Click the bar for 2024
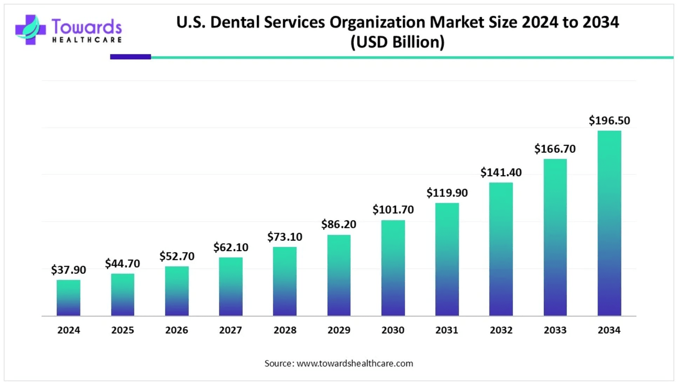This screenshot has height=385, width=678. tap(68, 298)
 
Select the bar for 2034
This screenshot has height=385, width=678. tap(609, 223)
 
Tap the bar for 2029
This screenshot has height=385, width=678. tap(339, 275)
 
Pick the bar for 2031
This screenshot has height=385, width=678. tap(447, 259)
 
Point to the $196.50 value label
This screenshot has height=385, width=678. tap(609, 121)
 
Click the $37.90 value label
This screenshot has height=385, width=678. tap(68, 270)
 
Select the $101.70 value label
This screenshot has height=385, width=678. tap(393, 210)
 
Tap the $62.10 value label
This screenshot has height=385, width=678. tap(230, 247)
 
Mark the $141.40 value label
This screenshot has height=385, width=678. tap(501, 172)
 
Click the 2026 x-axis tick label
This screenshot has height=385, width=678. tap(177, 330)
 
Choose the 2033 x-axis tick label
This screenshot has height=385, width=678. tap(555, 330)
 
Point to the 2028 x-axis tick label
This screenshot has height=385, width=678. tap(285, 330)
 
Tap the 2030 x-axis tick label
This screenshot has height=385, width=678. tap(393, 330)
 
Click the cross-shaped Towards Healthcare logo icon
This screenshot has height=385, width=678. tap(30, 30)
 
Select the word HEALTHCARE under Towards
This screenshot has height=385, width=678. tap(87, 40)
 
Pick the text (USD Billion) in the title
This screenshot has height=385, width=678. tap(397, 42)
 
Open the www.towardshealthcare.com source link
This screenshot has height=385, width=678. tap(354, 363)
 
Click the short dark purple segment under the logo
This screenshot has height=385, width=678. tap(130, 57)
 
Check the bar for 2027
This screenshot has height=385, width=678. tap(230, 287)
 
